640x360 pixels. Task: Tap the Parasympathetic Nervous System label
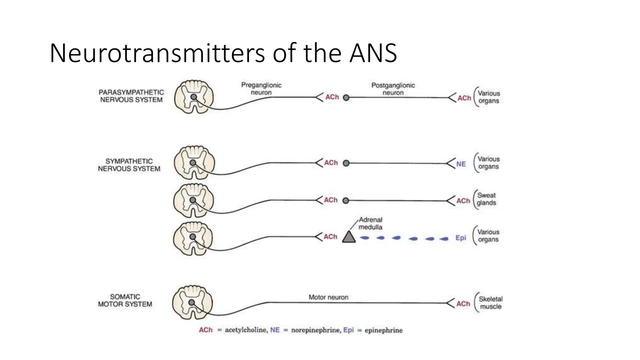point(131,96)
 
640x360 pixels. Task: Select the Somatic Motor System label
point(125,300)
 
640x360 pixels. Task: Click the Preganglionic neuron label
point(261,89)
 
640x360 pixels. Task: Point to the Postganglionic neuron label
point(393,89)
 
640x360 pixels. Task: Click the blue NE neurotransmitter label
point(461,164)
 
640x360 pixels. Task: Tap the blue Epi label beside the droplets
point(461,238)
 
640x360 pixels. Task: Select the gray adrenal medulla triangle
point(349,237)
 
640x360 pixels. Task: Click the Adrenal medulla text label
point(370,223)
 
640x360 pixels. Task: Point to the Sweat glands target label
point(486,199)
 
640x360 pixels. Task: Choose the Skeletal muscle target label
point(490,303)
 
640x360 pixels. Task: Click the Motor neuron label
point(328,297)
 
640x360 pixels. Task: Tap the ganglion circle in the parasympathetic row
point(346,98)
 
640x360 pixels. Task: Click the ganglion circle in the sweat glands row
point(346,201)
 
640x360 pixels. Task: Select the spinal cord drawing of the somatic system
point(192,302)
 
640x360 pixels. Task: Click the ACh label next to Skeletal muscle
point(463,304)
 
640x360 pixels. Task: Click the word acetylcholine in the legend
point(246,330)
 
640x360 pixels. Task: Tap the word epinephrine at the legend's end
point(383,330)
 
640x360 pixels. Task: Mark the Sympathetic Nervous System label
point(129,165)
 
